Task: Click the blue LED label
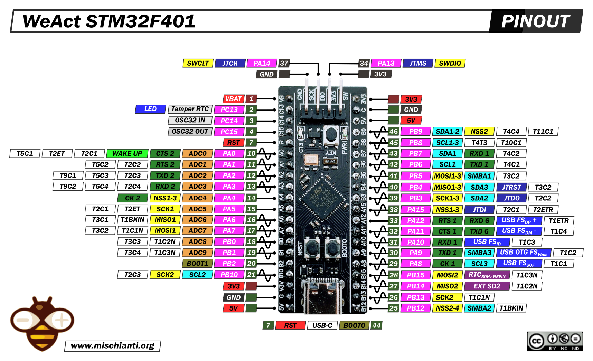pos(150,109)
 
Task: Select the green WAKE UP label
pos(127,153)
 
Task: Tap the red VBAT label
pos(233,99)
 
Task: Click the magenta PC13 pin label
pos(229,110)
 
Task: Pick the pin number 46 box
pos(394,131)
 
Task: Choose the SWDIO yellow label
pos(450,63)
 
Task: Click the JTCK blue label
pos(230,63)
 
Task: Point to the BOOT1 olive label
pos(197,264)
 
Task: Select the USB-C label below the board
pos(322,325)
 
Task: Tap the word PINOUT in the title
pos(535,21)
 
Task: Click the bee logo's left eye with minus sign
pos(23,320)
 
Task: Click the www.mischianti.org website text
pos(113,346)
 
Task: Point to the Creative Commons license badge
pos(555,341)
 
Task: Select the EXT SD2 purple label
pos(487,286)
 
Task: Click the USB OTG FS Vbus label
pos(523,253)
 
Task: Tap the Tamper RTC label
pos(190,109)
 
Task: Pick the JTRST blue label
pos(511,187)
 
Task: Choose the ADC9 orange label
pos(197,253)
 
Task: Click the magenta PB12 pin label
pos(415,308)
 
